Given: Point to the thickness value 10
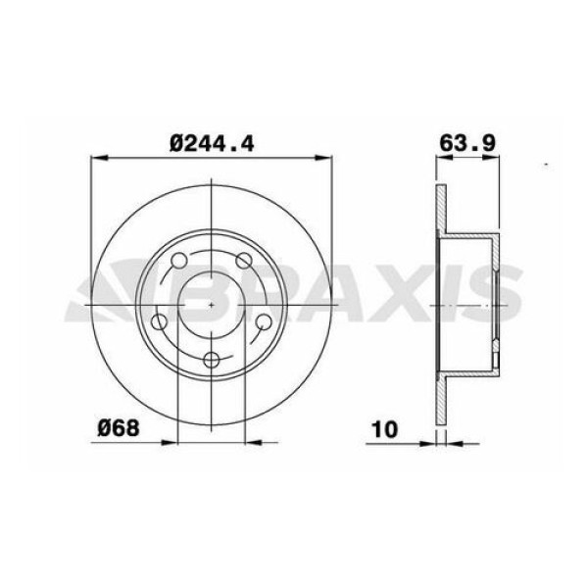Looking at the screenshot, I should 384,427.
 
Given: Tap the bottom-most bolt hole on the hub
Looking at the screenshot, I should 213,359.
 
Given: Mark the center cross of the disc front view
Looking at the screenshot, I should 213,306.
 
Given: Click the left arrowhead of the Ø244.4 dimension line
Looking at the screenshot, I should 95,157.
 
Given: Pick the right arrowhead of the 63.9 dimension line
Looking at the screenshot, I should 498,157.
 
